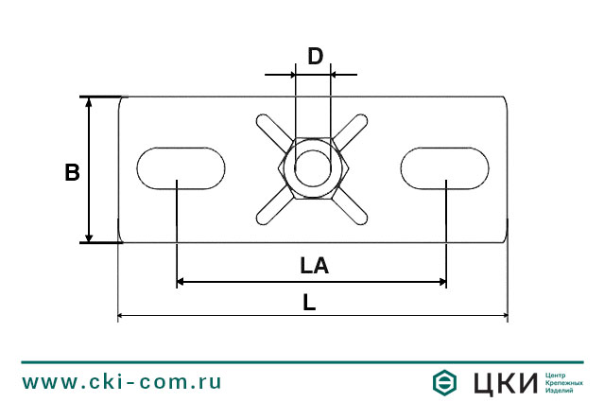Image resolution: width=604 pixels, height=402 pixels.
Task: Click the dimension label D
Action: point(315,56)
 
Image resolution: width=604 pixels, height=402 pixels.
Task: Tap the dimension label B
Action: point(72,172)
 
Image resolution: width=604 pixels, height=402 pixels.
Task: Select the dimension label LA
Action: point(314,266)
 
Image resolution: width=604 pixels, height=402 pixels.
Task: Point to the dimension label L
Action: point(309,303)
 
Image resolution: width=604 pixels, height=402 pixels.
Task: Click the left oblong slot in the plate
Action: point(181,167)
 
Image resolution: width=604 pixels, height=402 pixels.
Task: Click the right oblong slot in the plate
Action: point(445,167)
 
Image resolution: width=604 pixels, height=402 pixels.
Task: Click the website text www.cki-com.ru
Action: point(122,382)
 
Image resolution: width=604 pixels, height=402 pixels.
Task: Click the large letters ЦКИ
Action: point(503,382)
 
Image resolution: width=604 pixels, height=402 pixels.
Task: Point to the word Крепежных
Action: point(564,382)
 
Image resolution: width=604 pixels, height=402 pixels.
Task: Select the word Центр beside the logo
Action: point(559,374)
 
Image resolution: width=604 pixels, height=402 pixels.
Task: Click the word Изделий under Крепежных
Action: point(561,391)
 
